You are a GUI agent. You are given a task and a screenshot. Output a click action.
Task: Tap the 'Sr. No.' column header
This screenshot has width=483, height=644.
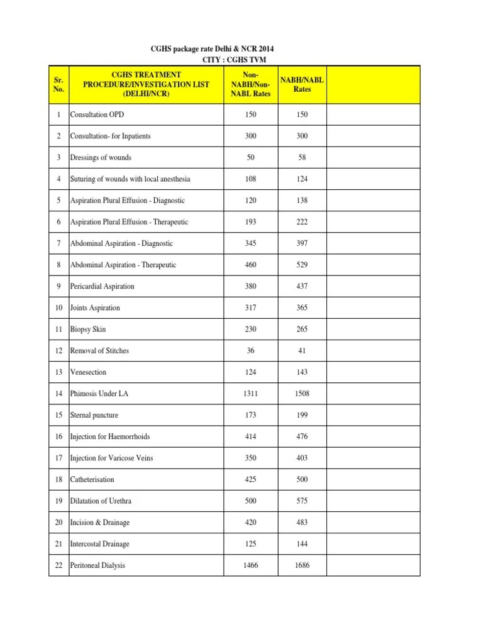tap(58, 85)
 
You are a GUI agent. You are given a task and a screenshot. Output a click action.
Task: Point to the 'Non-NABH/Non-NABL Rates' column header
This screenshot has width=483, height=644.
tap(250, 85)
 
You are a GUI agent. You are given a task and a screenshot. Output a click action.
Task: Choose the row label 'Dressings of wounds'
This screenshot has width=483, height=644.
tap(101, 157)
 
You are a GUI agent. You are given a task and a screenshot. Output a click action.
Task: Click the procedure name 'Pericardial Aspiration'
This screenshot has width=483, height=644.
tap(102, 286)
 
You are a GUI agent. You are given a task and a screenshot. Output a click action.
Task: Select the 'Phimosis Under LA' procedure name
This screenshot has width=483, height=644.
tap(99, 394)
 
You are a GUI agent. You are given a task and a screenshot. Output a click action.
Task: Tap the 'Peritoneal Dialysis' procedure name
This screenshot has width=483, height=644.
tap(97, 565)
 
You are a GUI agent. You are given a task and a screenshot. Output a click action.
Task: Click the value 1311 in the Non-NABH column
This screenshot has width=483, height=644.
tap(250, 394)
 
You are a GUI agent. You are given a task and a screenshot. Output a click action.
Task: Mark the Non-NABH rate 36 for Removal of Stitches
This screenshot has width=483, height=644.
tap(250, 350)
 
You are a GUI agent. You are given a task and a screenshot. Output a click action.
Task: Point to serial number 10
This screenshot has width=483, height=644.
tap(58, 308)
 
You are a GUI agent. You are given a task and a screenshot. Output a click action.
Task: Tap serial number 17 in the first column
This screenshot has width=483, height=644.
tap(58, 458)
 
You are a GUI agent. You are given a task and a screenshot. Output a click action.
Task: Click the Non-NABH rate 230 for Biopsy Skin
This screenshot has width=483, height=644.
tap(250, 329)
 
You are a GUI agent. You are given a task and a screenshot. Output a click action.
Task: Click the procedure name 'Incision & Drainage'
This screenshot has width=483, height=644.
tap(100, 523)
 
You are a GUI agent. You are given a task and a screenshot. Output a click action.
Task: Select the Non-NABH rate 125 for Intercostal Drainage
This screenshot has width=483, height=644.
tap(250, 544)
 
